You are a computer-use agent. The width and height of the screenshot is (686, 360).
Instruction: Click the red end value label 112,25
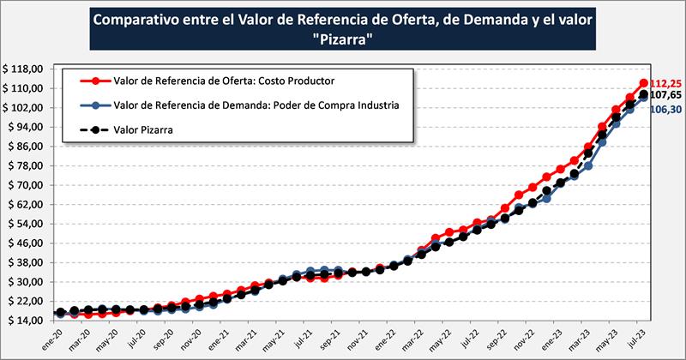click(x=665, y=83)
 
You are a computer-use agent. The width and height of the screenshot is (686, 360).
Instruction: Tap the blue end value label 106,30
click(x=665, y=110)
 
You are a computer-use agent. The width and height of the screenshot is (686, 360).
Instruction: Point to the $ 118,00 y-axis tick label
click(x=25, y=69)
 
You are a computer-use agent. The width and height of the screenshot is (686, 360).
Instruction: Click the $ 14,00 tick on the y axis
click(x=25, y=321)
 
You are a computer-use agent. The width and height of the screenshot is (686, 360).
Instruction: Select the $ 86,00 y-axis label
click(x=25, y=146)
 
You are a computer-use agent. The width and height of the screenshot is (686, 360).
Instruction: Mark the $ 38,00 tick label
click(x=25, y=262)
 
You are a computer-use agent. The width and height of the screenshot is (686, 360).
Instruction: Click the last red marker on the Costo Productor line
click(x=643, y=83)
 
